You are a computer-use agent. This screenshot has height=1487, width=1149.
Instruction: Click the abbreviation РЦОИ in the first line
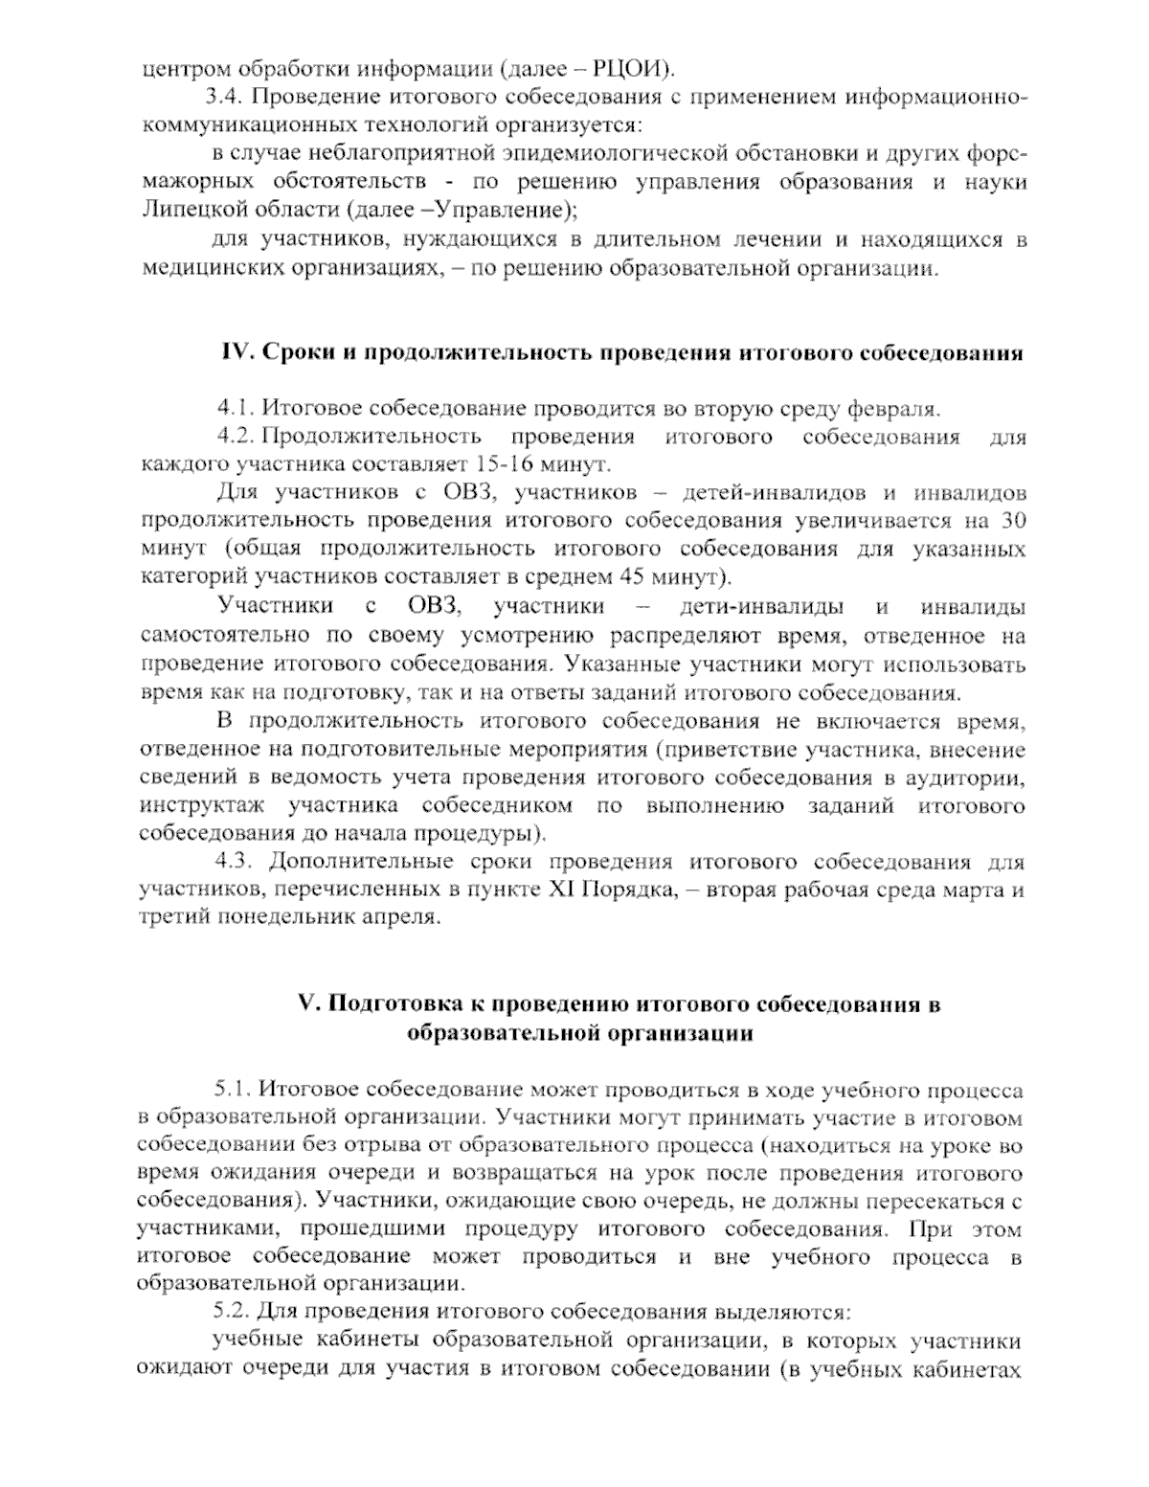(x=632, y=68)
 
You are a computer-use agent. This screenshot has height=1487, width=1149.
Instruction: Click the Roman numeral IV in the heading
(x=236, y=353)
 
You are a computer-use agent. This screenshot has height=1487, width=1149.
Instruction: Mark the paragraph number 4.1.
(x=233, y=410)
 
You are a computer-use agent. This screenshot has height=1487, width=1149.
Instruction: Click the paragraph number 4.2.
(x=234, y=438)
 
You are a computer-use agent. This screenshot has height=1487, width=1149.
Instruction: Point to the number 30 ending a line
(x=1013, y=522)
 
